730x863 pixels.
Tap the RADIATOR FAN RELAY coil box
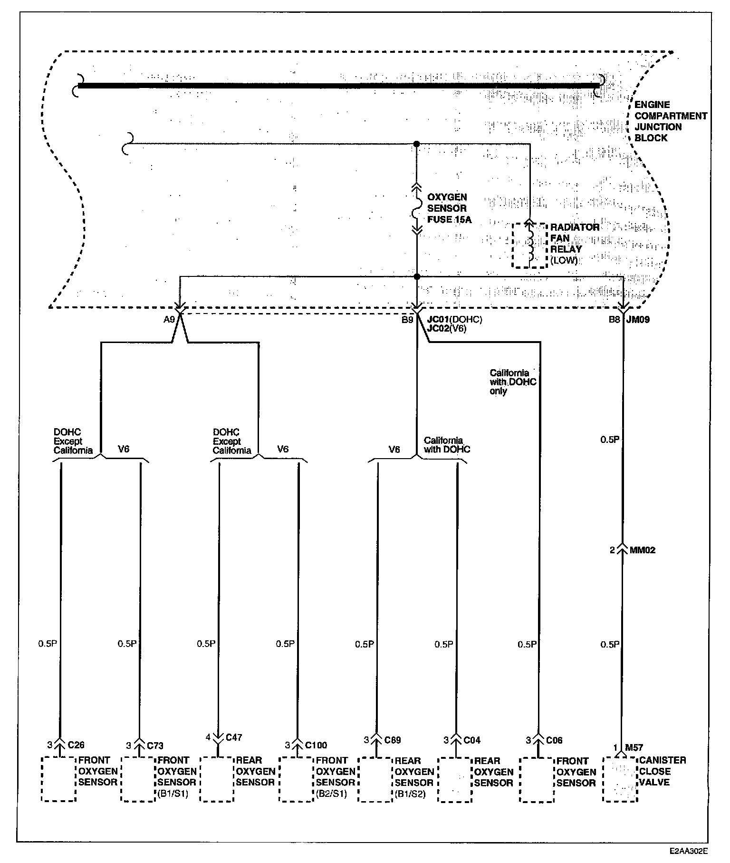(529, 245)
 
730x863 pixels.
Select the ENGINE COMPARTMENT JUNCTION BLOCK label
(671, 121)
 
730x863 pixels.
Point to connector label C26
(76, 745)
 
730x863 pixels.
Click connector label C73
(155, 745)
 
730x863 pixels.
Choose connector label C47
(234, 737)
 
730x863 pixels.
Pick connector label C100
(316, 745)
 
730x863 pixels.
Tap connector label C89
(392, 740)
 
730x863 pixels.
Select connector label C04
(472, 740)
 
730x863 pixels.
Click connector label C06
(554, 740)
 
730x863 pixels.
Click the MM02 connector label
(642, 550)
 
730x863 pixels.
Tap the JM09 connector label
(638, 320)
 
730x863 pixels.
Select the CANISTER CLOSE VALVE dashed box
(620, 779)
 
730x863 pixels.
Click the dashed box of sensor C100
(296, 779)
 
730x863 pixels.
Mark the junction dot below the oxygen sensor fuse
(417, 276)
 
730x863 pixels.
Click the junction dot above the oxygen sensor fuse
(417, 143)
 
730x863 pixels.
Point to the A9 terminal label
(169, 320)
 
